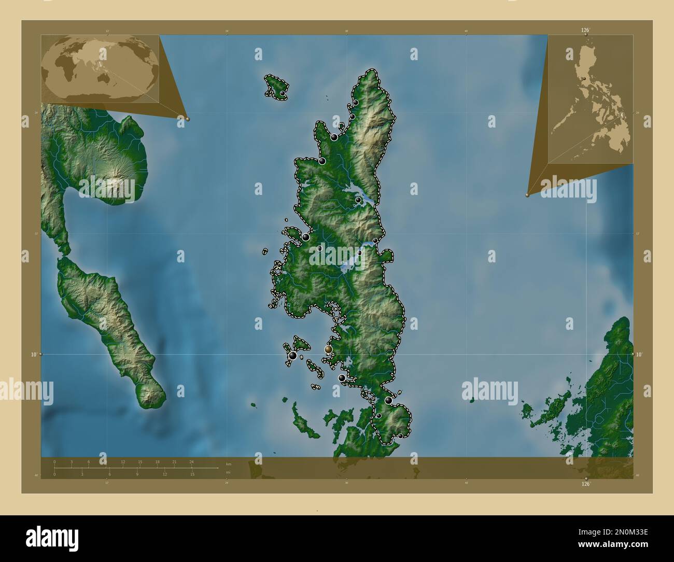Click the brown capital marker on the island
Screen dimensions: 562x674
328,349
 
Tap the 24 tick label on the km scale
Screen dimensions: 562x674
191,461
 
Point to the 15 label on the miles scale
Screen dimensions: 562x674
192,474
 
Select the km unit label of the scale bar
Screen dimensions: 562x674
229,464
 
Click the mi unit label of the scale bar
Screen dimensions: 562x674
229,472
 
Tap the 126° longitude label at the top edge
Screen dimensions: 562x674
585,30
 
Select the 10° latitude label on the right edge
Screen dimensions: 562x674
639,355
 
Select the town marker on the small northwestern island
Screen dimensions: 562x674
282,93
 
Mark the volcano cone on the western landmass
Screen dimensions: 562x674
114,181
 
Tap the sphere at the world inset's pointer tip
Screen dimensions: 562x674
188,119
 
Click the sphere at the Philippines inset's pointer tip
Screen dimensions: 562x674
527,195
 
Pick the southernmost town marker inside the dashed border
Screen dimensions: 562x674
400,435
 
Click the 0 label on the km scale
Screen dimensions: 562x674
54,461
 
